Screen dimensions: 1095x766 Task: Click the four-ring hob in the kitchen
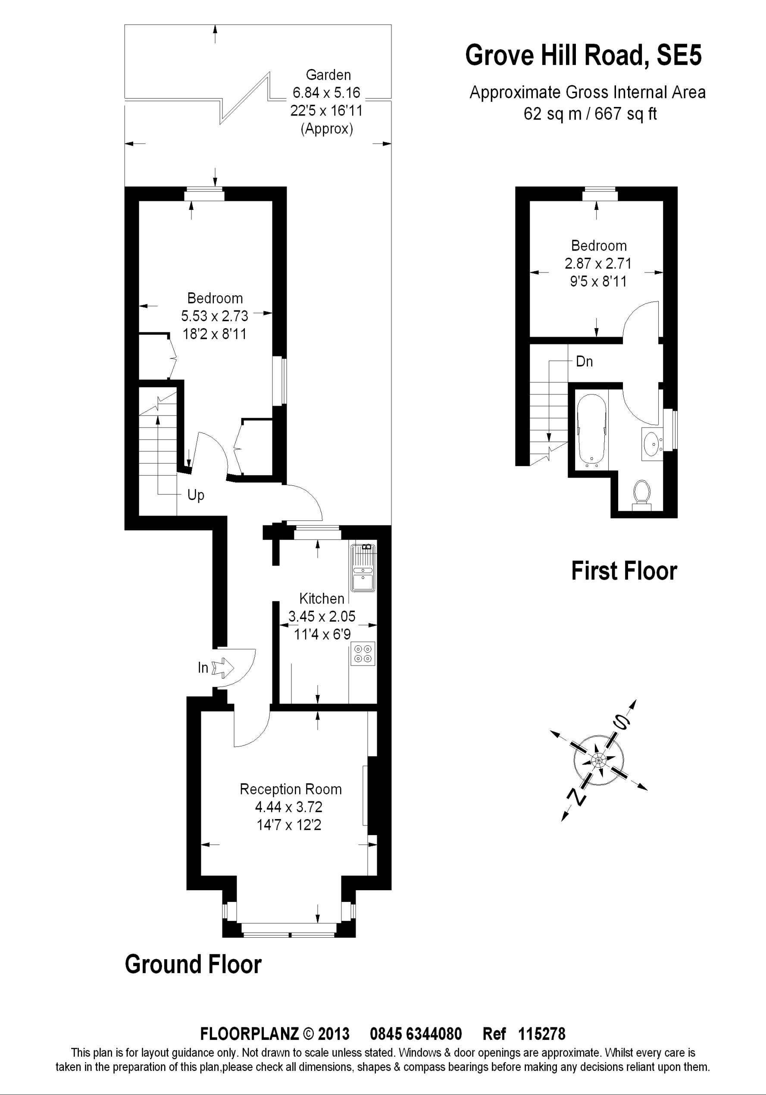pyautogui.click(x=363, y=654)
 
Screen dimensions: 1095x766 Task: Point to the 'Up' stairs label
pyautogui.click(x=196, y=495)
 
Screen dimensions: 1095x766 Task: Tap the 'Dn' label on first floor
pyautogui.click(x=584, y=362)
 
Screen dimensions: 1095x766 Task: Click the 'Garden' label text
pyautogui.click(x=328, y=75)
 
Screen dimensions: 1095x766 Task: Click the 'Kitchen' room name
pyautogui.click(x=322, y=598)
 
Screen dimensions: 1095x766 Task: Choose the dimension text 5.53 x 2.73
pyautogui.click(x=215, y=316)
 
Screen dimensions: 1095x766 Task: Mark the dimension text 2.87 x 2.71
pyautogui.click(x=598, y=263)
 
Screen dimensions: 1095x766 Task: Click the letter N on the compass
pyautogui.click(x=576, y=796)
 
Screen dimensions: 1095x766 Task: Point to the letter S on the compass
pyautogui.click(x=622, y=724)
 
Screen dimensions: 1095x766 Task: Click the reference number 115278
pyautogui.click(x=541, y=1047)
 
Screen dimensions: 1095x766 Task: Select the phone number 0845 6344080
pyautogui.click(x=416, y=1047)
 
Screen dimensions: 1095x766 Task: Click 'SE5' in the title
pyautogui.click(x=679, y=55)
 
